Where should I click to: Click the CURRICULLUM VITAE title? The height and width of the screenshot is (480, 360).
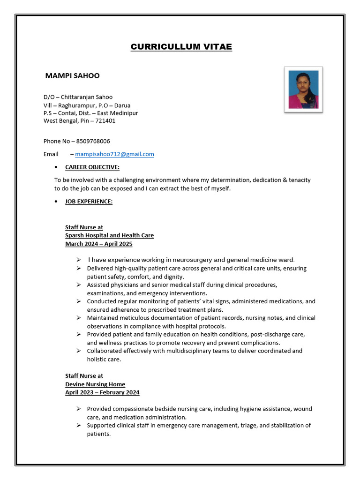tap(181, 47)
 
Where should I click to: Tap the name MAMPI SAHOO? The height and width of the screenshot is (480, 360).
tap(72, 75)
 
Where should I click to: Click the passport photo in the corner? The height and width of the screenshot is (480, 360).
tap(303, 90)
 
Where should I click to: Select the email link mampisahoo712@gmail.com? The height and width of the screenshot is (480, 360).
tap(114, 154)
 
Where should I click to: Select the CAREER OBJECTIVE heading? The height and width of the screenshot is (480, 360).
tap(92, 167)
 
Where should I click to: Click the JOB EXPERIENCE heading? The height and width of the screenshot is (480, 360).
tap(89, 202)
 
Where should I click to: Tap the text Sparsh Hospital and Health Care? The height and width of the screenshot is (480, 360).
tap(109, 235)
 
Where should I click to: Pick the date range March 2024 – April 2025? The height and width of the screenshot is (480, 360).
tap(98, 244)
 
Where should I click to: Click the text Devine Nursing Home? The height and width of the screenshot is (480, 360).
tap(95, 384)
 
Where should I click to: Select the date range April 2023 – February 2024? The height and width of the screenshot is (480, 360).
tap(102, 392)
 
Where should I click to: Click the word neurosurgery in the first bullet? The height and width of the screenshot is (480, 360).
tap(192, 260)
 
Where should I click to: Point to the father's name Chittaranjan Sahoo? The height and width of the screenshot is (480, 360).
tap(86, 97)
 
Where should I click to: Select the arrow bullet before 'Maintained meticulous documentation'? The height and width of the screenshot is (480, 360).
tap(79, 318)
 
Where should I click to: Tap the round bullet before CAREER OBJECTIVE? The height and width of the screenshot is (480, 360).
tap(56, 167)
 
